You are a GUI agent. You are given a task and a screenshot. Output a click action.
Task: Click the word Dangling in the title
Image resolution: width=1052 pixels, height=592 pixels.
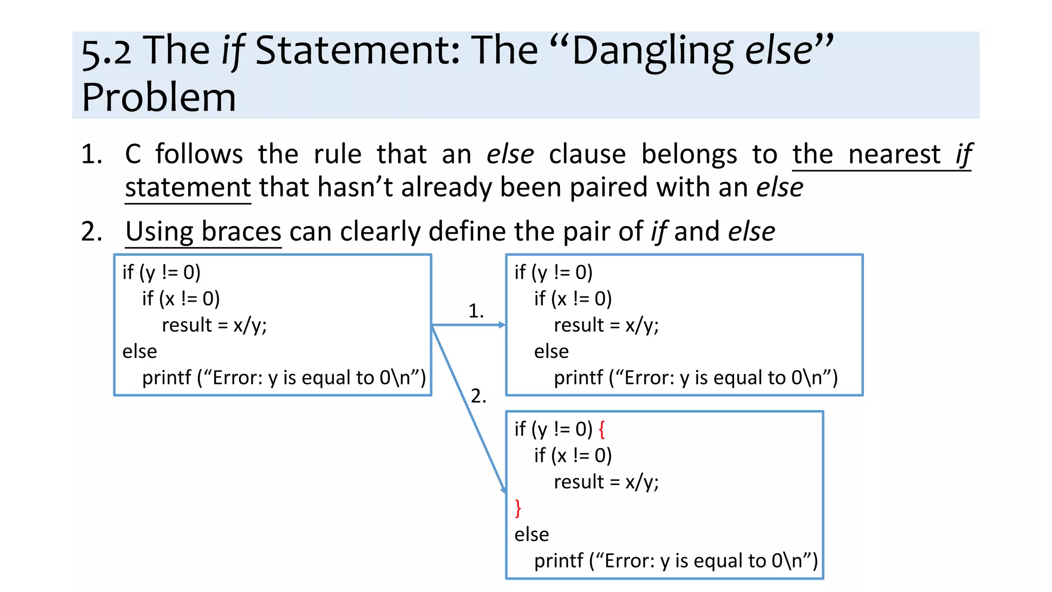tap(652, 51)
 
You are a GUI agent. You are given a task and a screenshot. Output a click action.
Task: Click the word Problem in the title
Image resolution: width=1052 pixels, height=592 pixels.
tap(159, 98)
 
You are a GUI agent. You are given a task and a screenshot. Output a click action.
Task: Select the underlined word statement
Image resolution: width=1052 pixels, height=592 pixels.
tap(188, 187)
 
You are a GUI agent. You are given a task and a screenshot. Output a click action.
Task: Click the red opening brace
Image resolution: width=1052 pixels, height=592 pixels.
tap(602, 429)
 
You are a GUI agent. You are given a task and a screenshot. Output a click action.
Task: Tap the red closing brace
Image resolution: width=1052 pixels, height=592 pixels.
tap(518, 508)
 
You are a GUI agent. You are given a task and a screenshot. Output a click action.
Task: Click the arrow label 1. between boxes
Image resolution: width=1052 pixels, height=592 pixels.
tap(476, 311)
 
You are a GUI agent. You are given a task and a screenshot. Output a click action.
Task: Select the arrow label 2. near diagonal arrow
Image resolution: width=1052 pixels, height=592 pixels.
tap(478, 396)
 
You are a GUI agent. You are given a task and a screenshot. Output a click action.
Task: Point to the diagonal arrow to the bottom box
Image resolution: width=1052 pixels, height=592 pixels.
tap(468, 409)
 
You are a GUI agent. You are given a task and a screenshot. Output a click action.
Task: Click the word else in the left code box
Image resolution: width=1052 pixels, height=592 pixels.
tap(140, 351)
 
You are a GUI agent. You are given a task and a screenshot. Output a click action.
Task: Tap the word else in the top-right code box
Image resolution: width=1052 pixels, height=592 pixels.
tap(551, 351)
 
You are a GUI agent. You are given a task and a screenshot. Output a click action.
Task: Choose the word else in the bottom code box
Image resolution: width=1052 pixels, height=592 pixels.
tap(532, 534)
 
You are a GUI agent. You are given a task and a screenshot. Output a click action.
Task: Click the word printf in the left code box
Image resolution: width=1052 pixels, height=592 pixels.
tap(166, 378)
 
